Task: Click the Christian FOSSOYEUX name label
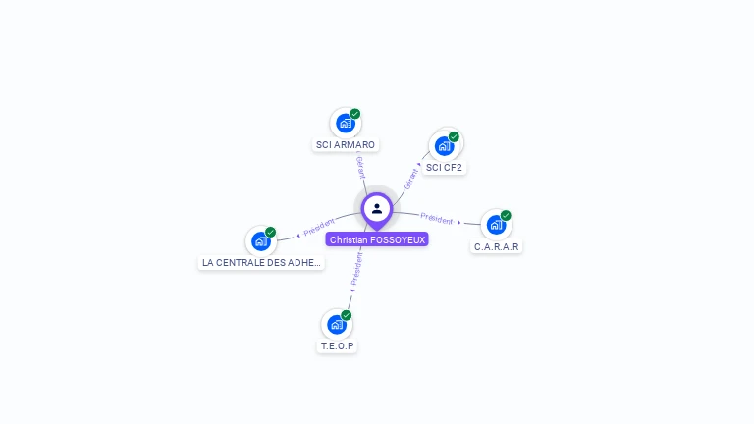pos(377,239)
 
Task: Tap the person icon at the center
pos(377,208)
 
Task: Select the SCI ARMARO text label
pos(345,145)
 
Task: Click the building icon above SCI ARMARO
pos(345,124)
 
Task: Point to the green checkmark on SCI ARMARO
pos(355,114)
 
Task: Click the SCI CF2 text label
pos(444,168)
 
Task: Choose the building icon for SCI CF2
pos(444,146)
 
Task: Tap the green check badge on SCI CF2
pos(454,136)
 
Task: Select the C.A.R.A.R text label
pos(496,246)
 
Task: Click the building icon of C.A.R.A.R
pos(496,225)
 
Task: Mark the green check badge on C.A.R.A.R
pos(506,215)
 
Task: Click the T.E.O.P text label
pos(337,346)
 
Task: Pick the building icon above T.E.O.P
pos(337,324)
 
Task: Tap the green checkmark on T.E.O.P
pos(347,315)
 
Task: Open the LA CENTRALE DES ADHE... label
pos(261,263)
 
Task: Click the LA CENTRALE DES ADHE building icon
pos(260,240)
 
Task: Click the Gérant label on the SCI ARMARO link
pos(360,167)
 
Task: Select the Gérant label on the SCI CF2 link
pos(410,178)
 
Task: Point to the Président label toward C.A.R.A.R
pos(437,219)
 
